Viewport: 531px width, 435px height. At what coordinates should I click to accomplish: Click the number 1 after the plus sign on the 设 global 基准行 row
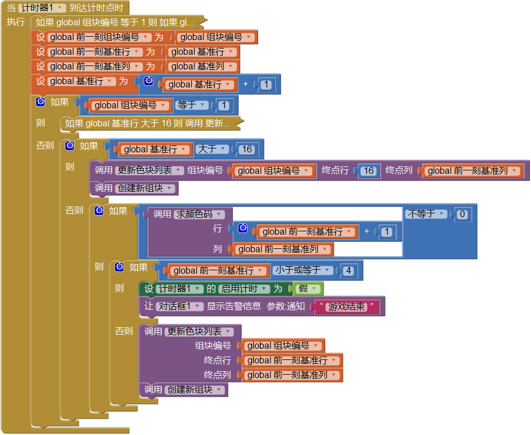coord(266,85)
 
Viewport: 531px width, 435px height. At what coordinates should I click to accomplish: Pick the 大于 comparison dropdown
coord(212,149)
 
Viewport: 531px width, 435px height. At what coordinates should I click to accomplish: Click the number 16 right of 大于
coord(246,150)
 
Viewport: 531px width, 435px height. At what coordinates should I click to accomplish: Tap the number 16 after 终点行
coord(369,170)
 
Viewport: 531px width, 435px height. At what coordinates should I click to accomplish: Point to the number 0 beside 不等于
coord(462,214)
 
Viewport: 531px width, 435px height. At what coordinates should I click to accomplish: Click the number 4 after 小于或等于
coord(348,271)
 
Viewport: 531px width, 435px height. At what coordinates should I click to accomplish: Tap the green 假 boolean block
coord(308,289)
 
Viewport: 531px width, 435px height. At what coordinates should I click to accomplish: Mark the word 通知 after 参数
coord(296,306)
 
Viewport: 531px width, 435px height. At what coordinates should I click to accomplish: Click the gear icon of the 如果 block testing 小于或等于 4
coord(120,267)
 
